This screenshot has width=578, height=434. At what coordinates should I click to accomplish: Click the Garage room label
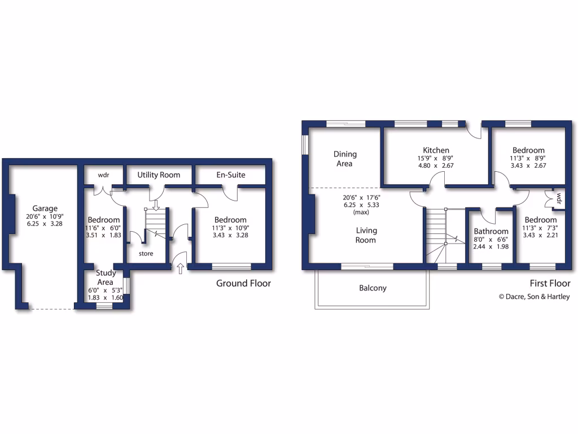(x=45, y=209)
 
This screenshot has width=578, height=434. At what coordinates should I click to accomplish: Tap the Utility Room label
(x=159, y=175)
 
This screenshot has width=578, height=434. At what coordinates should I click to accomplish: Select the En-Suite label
(x=230, y=175)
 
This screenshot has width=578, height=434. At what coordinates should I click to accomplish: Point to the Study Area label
(x=105, y=277)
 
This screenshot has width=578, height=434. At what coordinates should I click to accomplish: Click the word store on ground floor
(x=146, y=254)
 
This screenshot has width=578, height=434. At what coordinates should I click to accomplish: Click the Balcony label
(x=373, y=288)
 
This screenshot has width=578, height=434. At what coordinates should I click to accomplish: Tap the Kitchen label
(x=436, y=150)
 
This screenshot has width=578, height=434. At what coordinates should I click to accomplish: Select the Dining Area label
(x=344, y=159)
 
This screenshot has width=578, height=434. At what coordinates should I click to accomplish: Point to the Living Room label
(x=366, y=235)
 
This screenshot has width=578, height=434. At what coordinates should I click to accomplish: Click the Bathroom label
(x=491, y=231)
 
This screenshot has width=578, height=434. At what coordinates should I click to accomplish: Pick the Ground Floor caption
(x=243, y=283)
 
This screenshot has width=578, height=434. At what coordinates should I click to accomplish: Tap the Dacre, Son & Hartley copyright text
(x=533, y=297)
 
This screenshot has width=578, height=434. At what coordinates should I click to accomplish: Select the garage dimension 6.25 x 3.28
(x=45, y=224)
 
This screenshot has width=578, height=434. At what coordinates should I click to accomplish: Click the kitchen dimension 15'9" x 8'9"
(x=436, y=158)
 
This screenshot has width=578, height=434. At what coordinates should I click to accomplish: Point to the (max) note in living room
(x=361, y=212)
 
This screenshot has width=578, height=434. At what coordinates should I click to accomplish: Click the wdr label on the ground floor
(x=103, y=175)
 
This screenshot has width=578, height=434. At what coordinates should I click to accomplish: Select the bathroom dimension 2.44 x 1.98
(x=491, y=246)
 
